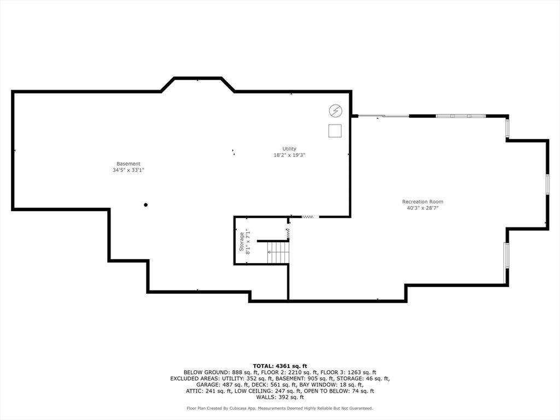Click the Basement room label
128,164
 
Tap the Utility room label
289,149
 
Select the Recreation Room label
423,201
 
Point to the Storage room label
241,241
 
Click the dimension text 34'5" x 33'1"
128,170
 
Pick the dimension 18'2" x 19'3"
289,155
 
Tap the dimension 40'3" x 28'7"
423,208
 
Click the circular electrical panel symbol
335,111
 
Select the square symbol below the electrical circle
335,131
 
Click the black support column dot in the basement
145,205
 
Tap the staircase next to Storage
277,252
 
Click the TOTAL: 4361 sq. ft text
280,366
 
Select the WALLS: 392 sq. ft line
280,397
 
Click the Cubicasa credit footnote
280,408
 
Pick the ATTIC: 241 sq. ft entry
208,391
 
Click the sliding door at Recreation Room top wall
383,116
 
